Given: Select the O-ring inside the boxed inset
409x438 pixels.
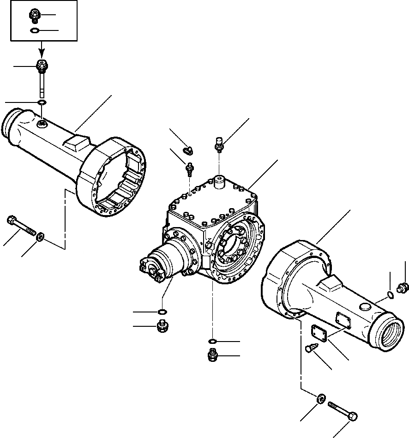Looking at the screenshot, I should pos(34,31).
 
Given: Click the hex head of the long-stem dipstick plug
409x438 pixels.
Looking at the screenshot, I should pos(41,66).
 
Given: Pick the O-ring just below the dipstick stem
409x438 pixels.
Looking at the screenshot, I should pos(42,102).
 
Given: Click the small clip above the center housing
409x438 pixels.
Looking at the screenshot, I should pos(188,149).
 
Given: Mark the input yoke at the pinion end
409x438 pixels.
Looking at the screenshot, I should pos(150,270).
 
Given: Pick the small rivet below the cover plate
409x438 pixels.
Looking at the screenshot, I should pos(312,349).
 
